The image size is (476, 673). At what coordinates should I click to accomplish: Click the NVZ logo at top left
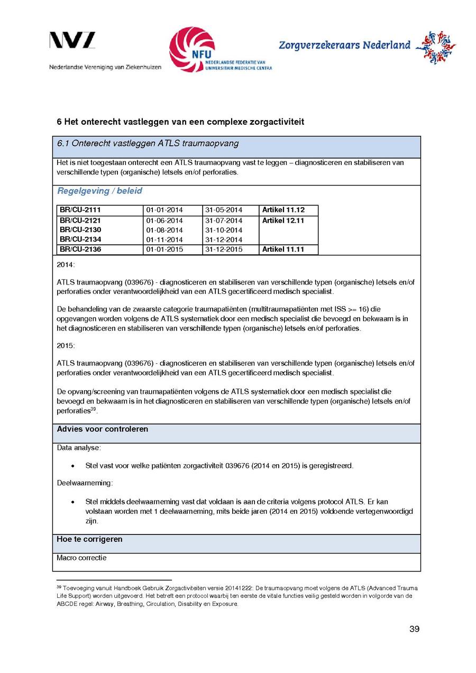point(72,41)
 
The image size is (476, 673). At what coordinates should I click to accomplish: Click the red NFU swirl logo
point(191,50)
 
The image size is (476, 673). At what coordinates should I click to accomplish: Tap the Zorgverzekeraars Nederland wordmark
point(344,45)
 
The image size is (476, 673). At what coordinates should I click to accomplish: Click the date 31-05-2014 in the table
point(224,210)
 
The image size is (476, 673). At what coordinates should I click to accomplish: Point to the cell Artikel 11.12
point(283,210)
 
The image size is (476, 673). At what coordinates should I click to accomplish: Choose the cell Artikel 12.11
point(283,220)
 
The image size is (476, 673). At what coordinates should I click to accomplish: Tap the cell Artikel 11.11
point(283,250)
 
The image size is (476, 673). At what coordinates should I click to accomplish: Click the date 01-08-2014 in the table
point(164,230)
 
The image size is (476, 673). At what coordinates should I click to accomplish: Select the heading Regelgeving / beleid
point(99,191)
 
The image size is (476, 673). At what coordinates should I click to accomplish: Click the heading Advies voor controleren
point(103,429)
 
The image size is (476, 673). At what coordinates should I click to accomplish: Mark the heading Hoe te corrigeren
point(89,539)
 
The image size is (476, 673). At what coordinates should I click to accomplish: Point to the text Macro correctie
point(81,558)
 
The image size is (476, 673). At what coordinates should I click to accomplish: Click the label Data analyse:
point(79,448)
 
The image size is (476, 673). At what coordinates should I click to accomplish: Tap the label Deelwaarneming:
point(85,483)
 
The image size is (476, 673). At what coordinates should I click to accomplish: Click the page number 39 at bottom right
point(414,629)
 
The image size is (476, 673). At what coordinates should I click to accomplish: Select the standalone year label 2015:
point(66,345)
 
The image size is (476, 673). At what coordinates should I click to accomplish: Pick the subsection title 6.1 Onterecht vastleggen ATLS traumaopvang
point(148,143)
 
